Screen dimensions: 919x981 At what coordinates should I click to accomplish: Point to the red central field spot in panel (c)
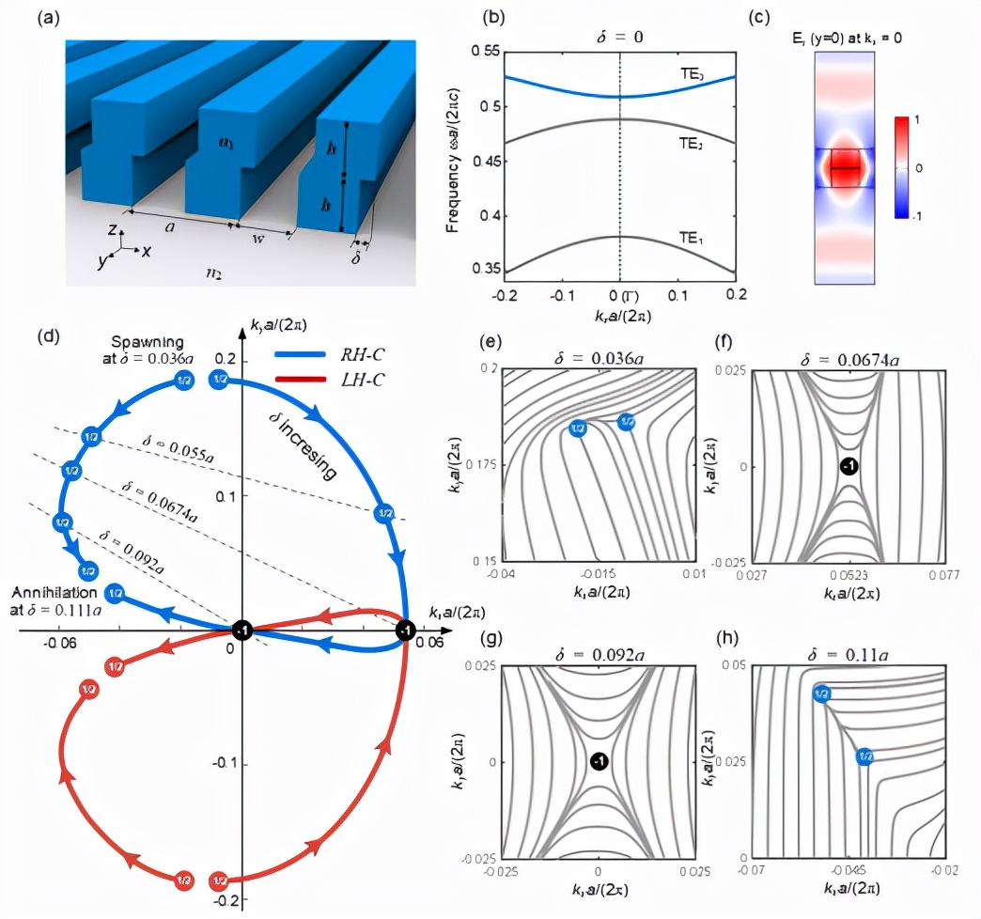tap(845, 169)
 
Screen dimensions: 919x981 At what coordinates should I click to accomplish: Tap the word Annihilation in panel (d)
tap(54, 594)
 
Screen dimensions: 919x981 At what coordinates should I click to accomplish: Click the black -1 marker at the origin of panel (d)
tap(241, 631)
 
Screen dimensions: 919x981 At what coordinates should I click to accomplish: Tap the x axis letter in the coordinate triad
tap(147, 252)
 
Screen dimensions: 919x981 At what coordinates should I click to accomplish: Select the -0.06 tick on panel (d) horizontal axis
tap(62, 644)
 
